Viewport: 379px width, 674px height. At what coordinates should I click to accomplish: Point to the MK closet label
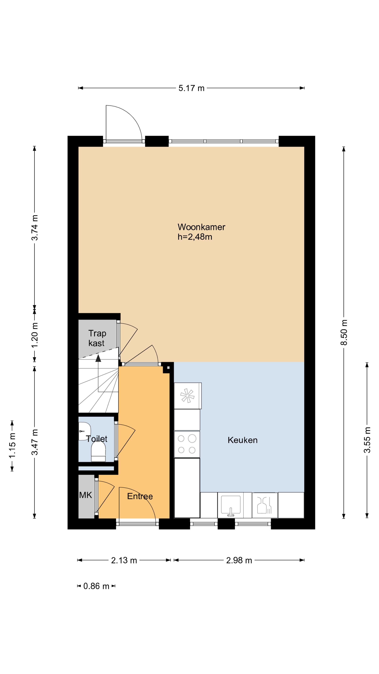(86, 495)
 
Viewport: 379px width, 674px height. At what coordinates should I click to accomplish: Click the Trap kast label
(97, 338)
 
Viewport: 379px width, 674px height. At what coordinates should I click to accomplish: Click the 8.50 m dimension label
(344, 332)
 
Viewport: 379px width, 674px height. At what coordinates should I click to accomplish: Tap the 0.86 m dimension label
(96, 586)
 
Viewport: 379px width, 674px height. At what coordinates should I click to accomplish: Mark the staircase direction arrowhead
(98, 358)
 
